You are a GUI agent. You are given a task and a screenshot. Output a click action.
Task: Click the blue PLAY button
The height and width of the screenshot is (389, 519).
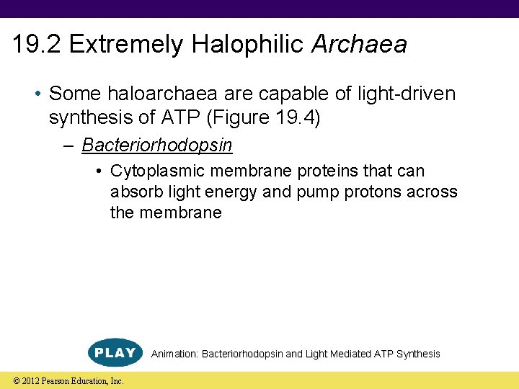pos(115,352)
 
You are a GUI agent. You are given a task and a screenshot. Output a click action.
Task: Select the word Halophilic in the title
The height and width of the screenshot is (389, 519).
pos(249,45)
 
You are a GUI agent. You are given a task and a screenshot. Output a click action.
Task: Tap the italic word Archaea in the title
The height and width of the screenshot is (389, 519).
pos(359,45)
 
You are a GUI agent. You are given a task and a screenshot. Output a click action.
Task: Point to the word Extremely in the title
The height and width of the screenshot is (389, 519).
pos(126,45)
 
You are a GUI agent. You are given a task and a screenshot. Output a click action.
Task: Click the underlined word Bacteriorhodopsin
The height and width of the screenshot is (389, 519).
pos(156,145)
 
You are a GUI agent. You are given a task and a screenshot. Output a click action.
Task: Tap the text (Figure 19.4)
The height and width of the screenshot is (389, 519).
pos(275,117)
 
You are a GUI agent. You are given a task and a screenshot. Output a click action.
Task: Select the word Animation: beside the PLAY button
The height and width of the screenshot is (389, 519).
pos(174,354)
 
